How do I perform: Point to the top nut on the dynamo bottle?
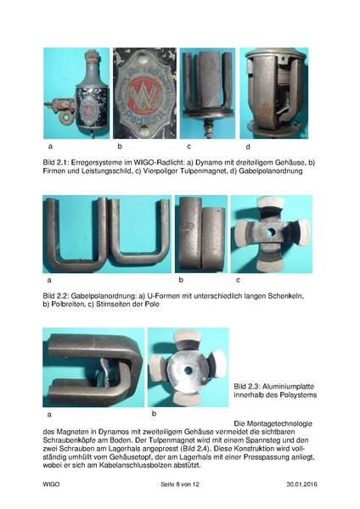tap(92, 53)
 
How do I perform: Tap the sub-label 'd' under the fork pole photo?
tap(248, 147)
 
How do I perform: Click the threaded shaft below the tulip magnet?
tap(207, 127)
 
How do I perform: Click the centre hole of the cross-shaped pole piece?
tap(271, 232)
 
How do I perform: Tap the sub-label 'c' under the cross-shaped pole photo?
tap(238, 280)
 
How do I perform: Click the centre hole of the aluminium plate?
tap(188, 370)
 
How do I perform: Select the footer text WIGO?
tap(51, 484)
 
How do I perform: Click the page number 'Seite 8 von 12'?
tap(180, 484)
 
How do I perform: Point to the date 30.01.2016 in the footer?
tap(302, 484)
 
